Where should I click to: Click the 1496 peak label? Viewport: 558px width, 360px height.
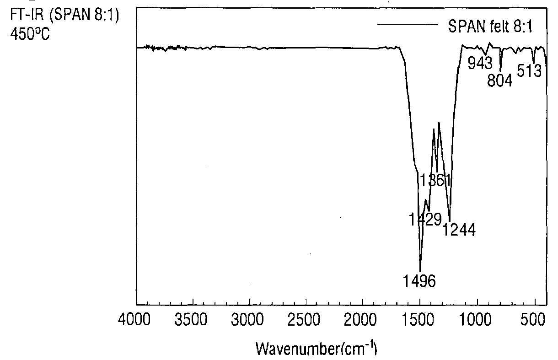[419, 281]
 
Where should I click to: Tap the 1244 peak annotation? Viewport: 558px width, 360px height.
[459, 230]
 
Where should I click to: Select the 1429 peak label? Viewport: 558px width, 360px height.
[425, 219]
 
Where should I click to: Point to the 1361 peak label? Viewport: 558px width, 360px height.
[435, 180]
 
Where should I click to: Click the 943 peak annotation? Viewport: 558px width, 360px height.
[480, 63]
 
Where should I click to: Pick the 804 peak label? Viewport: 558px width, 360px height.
[500, 81]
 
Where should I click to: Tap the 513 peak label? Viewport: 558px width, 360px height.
[529, 70]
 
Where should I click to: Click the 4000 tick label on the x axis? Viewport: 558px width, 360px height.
[134, 319]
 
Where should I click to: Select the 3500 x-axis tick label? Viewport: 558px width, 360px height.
[191, 319]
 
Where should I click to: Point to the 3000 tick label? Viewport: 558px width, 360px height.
[247, 319]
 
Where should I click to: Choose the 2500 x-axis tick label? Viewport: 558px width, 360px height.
[304, 319]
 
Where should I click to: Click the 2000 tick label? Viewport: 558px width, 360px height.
[360, 319]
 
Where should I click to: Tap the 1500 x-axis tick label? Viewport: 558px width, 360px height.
[418, 319]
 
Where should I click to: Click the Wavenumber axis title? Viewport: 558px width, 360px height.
[317, 348]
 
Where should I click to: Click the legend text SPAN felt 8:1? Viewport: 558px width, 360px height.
[490, 26]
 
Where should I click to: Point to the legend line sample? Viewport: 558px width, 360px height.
[408, 24]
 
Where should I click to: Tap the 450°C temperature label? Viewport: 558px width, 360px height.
[30, 34]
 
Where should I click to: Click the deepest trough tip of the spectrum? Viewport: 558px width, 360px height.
[420, 271]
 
